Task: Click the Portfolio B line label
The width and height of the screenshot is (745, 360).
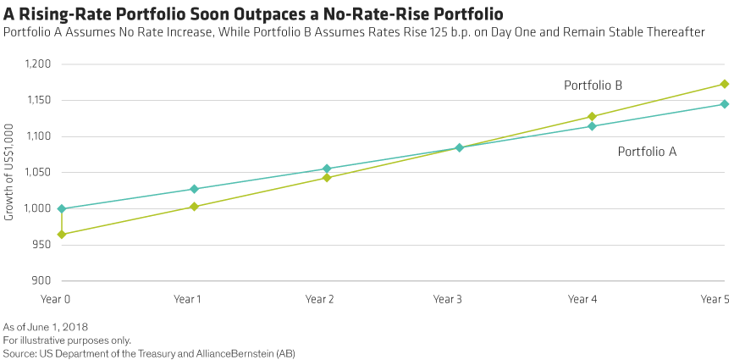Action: tap(593, 85)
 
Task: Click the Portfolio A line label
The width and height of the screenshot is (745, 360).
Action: tap(647, 152)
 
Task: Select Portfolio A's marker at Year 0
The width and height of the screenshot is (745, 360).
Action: tap(62, 208)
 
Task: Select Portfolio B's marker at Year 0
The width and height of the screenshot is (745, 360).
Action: tap(62, 235)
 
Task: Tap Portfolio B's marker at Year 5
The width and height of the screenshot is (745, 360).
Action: tap(725, 84)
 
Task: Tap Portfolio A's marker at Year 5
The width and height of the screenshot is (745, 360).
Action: tap(725, 104)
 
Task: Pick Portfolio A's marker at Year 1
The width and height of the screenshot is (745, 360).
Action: tap(194, 189)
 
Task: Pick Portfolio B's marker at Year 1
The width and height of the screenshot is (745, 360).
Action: tap(194, 206)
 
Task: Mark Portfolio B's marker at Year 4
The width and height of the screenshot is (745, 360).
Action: tap(592, 116)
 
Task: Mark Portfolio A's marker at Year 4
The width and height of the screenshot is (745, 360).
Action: tap(592, 126)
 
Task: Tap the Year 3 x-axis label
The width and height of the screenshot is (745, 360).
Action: tap(447, 300)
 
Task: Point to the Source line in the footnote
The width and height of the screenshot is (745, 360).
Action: tap(149, 352)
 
